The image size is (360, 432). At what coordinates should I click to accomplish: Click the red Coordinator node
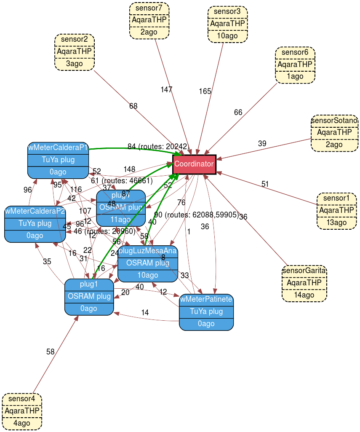(194, 164)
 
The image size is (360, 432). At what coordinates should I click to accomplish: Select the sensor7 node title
(149, 8)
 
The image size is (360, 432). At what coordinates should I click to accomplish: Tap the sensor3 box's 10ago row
(227, 36)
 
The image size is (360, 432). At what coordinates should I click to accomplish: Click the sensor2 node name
(75, 40)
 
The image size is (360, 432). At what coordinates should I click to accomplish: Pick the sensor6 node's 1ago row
(295, 77)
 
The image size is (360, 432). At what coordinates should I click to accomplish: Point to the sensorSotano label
(335, 121)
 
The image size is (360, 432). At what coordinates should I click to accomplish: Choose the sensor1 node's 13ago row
(336, 222)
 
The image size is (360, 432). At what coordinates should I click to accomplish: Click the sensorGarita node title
(304, 271)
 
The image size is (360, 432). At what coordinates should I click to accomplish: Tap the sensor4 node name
(22, 399)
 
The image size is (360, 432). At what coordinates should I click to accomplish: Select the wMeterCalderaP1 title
(58, 148)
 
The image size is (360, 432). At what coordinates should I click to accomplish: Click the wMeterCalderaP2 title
(35, 211)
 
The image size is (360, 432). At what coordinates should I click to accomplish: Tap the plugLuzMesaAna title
(147, 251)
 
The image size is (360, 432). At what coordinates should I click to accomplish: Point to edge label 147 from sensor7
(166, 89)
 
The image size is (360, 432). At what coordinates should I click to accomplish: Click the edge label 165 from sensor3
(205, 91)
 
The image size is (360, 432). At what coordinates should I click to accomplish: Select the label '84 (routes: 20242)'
(158, 147)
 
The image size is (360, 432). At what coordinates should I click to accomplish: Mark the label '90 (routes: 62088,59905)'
(196, 215)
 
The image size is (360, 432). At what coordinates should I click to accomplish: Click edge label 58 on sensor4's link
(51, 352)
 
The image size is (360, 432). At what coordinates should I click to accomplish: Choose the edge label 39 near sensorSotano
(262, 144)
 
